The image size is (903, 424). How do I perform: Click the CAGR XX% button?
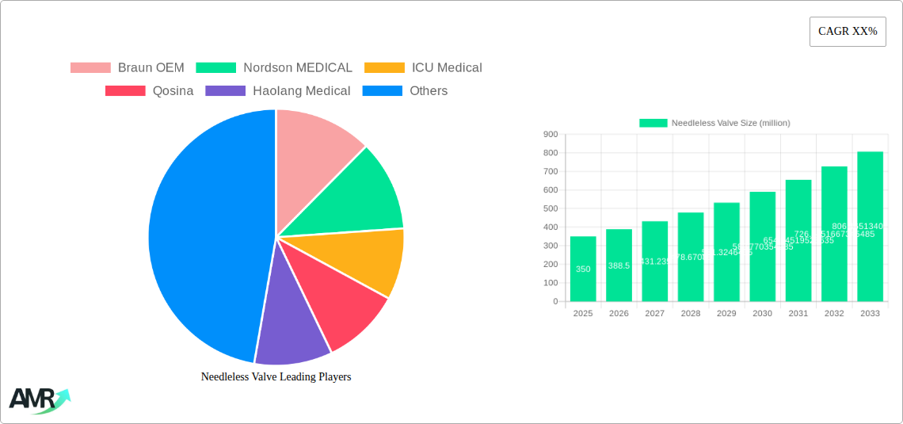(847, 32)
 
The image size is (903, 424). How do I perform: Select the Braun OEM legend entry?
(128, 68)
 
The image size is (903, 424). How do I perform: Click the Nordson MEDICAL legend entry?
(274, 68)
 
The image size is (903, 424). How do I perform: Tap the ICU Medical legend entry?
(423, 68)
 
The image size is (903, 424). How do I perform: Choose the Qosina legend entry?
(150, 91)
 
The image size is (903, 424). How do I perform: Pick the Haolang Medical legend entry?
(278, 91)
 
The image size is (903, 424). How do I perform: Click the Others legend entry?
(405, 91)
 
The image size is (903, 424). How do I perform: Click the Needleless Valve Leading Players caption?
(276, 377)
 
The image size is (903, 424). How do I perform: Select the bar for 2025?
(583, 269)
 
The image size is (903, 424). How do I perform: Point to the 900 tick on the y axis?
(550, 135)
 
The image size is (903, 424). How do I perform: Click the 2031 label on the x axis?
(798, 314)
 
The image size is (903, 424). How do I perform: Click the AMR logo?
(38, 400)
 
